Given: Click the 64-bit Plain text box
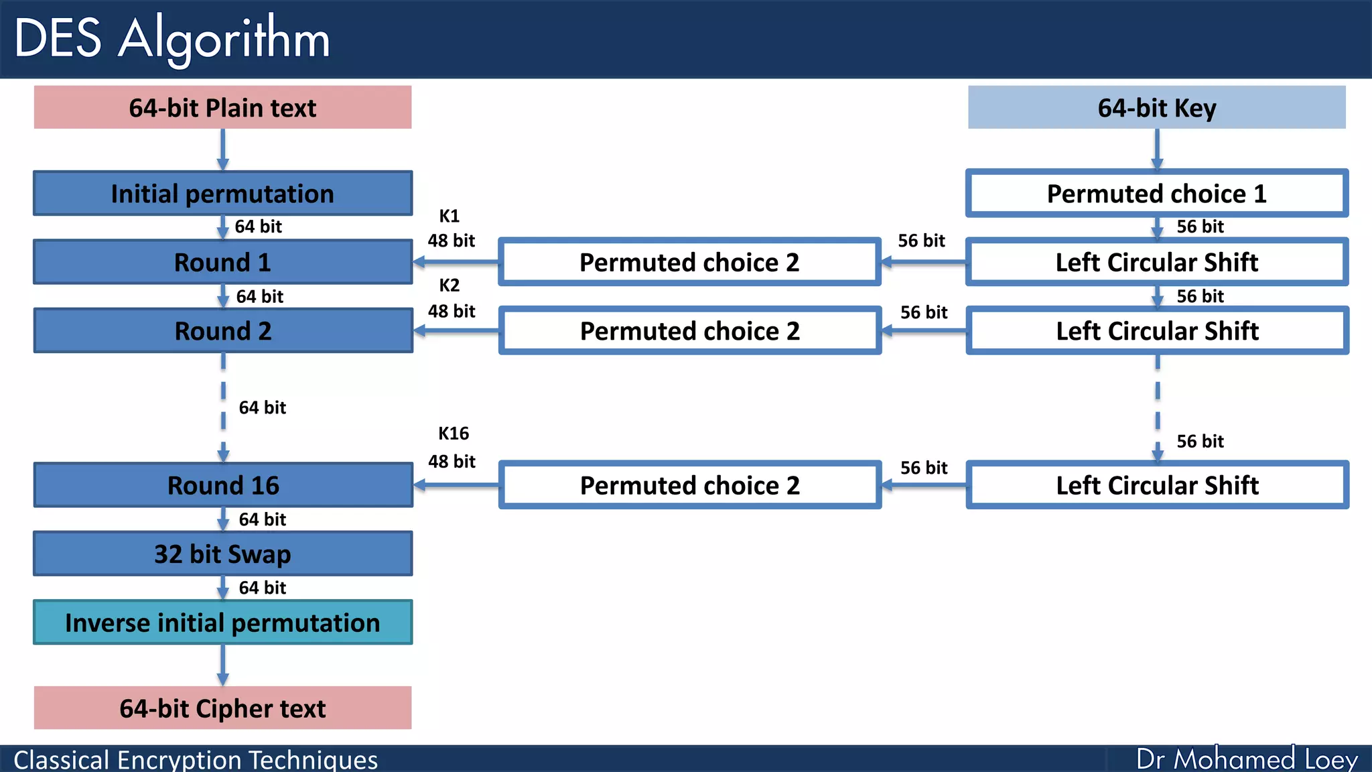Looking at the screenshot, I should pyautogui.click(x=222, y=107).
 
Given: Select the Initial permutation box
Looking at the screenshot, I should pyautogui.click(x=222, y=193).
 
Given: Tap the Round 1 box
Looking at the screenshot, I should pyautogui.click(x=222, y=262).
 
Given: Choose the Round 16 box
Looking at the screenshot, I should pyautogui.click(x=222, y=485).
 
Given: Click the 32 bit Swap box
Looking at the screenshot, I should pyautogui.click(x=222, y=554).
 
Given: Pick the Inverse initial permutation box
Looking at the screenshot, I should pyautogui.click(x=222, y=623).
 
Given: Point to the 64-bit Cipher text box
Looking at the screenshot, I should pyautogui.click(x=222, y=708).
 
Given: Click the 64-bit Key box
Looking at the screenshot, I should pyautogui.click(x=1156, y=107).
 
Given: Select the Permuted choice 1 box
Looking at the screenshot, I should pyautogui.click(x=1156, y=193).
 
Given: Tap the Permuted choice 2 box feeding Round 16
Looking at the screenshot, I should pyautogui.click(x=689, y=485).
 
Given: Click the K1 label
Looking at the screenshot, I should pyautogui.click(x=449, y=216).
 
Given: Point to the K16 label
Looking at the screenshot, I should pyautogui.click(x=453, y=433).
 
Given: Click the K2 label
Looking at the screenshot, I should pyautogui.click(x=449, y=285).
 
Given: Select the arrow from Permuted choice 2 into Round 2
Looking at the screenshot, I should pyautogui.click(x=456, y=330).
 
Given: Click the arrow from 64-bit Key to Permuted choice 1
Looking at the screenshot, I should pyautogui.click(x=1157, y=149).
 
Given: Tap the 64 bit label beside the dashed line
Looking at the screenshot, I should pyautogui.click(x=262, y=407).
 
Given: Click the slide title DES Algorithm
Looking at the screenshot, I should pyautogui.click(x=172, y=38).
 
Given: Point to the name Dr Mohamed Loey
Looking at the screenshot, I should pyautogui.click(x=1246, y=759).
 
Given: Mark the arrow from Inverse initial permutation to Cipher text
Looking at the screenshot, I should pyautogui.click(x=222, y=665).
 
